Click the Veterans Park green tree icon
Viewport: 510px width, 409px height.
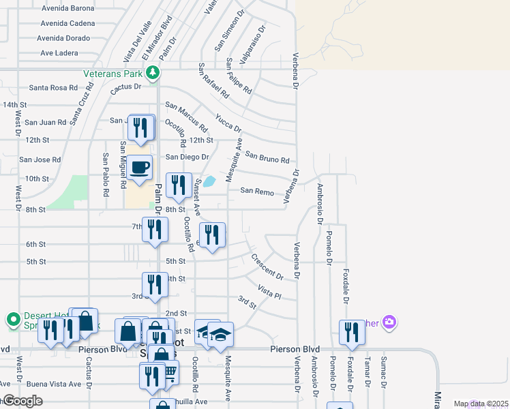(156, 72)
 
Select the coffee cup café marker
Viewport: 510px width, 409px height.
(140, 167)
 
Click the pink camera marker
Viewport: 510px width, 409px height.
(389, 322)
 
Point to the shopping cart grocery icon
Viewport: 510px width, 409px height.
(170, 372)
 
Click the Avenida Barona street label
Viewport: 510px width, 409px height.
(67, 9)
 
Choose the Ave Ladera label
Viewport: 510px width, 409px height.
(60, 52)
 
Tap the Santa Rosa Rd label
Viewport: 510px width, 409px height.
(52, 88)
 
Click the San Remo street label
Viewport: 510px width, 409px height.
(256, 192)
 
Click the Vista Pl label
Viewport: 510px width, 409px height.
(269, 292)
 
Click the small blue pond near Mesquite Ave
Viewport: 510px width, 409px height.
(209, 181)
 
